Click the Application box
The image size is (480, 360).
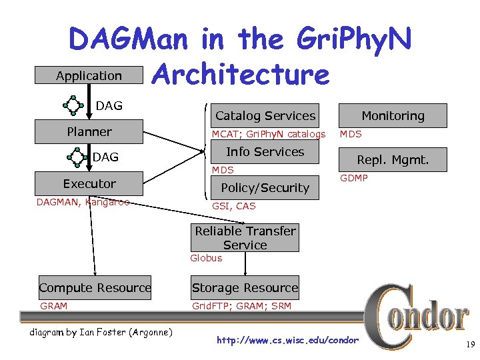point(89,76)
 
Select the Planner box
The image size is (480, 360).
point(89,132)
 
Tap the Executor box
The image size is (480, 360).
point(89,184)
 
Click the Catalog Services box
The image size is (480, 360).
point(265,116)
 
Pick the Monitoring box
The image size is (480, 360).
point(393,116)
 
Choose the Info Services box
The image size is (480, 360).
point(265,152)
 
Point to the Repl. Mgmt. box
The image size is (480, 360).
point(393,160)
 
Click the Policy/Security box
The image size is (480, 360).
point(265,188)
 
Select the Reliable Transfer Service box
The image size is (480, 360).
point(245,238)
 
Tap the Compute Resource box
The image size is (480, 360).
point(95,288)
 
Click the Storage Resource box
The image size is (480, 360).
point(245,288)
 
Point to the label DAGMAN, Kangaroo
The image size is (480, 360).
point(83,202)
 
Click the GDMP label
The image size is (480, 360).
point(354,178)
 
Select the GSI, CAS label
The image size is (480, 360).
point(233,206)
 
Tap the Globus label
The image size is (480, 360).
point(206,258)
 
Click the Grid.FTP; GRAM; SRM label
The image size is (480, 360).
point(241,306)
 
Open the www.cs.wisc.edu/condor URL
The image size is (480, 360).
point(287,341)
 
